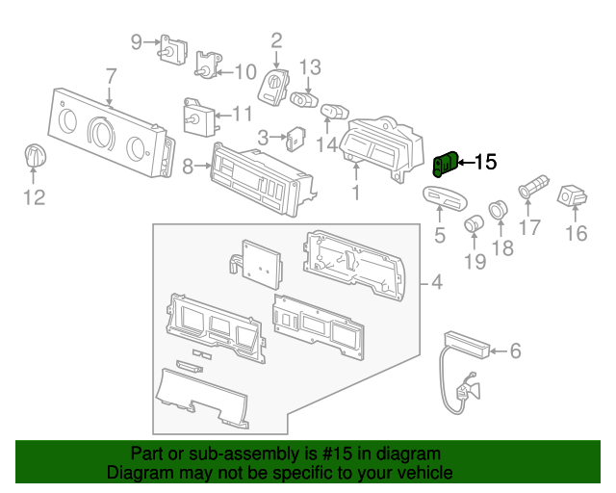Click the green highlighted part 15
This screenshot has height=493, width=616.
446,167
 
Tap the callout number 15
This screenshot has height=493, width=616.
486,163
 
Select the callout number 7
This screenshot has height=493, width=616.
111,75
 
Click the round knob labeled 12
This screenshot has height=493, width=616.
35,157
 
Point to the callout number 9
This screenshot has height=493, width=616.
136,41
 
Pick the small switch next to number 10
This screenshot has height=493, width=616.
206,65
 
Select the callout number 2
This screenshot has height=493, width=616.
276,40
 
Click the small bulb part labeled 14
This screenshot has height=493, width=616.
332,115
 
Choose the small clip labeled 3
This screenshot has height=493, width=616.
295,138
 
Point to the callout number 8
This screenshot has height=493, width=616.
188,166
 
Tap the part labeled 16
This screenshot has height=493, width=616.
575,196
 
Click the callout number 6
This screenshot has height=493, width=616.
514,351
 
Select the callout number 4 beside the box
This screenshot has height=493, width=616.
436,283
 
